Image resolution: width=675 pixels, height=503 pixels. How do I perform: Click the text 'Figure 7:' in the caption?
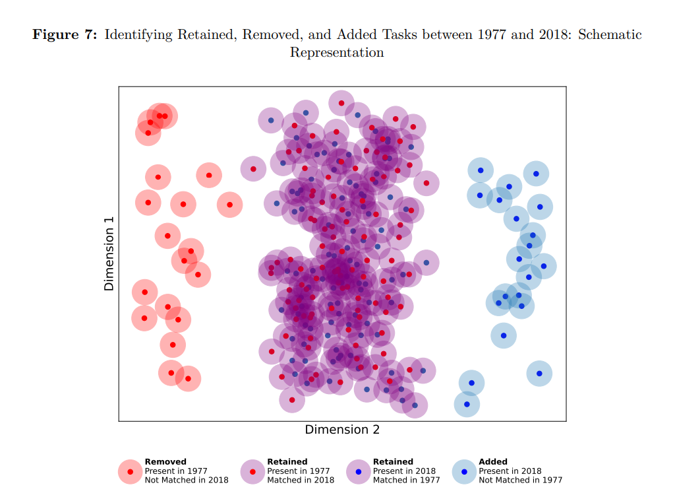click(x=65, y=35)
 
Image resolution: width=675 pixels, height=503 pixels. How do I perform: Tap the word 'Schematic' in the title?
click(x=610, y=35)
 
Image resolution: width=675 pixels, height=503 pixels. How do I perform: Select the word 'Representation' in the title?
click(x=337, y=53)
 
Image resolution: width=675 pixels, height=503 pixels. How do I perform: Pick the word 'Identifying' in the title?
click(x=138, y=35)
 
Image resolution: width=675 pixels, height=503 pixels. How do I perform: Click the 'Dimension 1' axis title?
click(x=109, y=253)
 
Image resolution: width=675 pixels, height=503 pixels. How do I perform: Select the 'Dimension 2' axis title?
click(x=342, y=430)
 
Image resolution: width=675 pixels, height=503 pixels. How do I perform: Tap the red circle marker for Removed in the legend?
click(x=131, y=471)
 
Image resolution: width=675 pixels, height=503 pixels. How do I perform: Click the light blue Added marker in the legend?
click(x=465, y=471)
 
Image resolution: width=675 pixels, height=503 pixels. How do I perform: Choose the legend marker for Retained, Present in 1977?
click(x=253, y=471)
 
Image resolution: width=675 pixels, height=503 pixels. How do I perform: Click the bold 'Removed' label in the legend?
click(x=165, y=462)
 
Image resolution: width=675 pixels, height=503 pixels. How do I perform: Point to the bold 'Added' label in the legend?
click(x=493, y=462)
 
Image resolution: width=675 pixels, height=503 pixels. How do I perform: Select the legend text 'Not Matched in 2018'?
click(x=187, y=481)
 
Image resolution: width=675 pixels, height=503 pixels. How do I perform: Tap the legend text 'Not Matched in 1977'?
click(x=521, y=481)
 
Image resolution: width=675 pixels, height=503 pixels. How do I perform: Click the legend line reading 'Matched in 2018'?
click(x=301, y=481)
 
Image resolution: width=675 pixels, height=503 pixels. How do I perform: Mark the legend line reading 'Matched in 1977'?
click(x=407, y=481)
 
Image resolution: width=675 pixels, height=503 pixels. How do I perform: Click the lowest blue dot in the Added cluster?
click(x=467, y=404)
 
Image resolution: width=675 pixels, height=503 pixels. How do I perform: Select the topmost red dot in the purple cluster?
click(x=341, y=103)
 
